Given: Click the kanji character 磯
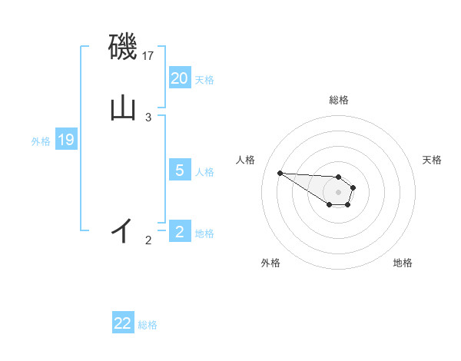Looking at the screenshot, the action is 123,49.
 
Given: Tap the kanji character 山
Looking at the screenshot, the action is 123,108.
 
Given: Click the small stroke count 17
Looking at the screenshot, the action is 148,56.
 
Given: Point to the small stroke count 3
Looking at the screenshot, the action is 148,117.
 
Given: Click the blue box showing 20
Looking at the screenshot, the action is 180,78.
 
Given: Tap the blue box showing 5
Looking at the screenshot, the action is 180,171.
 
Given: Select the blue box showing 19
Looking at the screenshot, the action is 66,140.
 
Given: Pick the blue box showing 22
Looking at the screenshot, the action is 123,323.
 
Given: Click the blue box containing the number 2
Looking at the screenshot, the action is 180,232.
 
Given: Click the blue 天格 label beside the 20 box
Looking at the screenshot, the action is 204,79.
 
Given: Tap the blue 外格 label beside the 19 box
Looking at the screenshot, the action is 41,141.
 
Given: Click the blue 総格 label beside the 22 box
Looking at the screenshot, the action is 148,325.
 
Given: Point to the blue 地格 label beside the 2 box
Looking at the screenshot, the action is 204,233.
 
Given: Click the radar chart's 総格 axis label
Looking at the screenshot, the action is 339,100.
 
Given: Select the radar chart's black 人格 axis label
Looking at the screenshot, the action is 246,160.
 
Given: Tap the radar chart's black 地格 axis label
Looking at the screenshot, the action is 403,263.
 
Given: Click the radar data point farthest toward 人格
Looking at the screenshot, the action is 280,173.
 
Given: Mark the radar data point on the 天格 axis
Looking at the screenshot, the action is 353,187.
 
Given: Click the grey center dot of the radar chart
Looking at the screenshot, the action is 338,192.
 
